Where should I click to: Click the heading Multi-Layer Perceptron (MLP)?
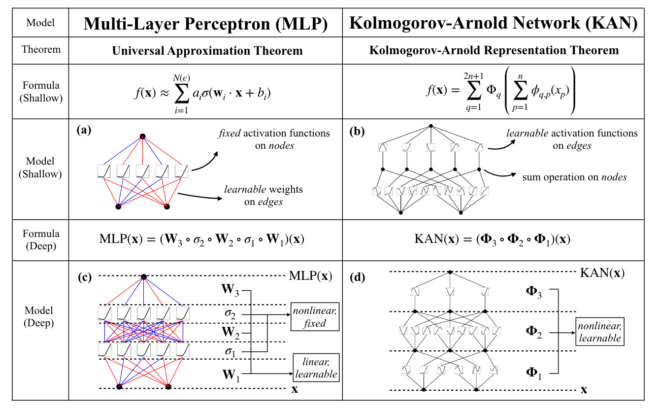click(x=205, y=23)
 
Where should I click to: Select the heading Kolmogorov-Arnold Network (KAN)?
click(x=493, y=23)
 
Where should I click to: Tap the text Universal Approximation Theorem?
click(x=207, y=51)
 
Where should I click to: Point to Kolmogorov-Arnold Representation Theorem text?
click(x=493, y=51)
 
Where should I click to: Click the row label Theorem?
click(x=41, y=49)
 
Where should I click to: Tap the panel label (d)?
click(x=357, y=277)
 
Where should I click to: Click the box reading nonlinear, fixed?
click(x=315, y=317)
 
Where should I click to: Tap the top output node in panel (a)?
click(x=143, y=137)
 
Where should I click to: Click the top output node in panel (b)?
click(x=430, y=126)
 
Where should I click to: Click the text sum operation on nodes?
click(x=574, y=177)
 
